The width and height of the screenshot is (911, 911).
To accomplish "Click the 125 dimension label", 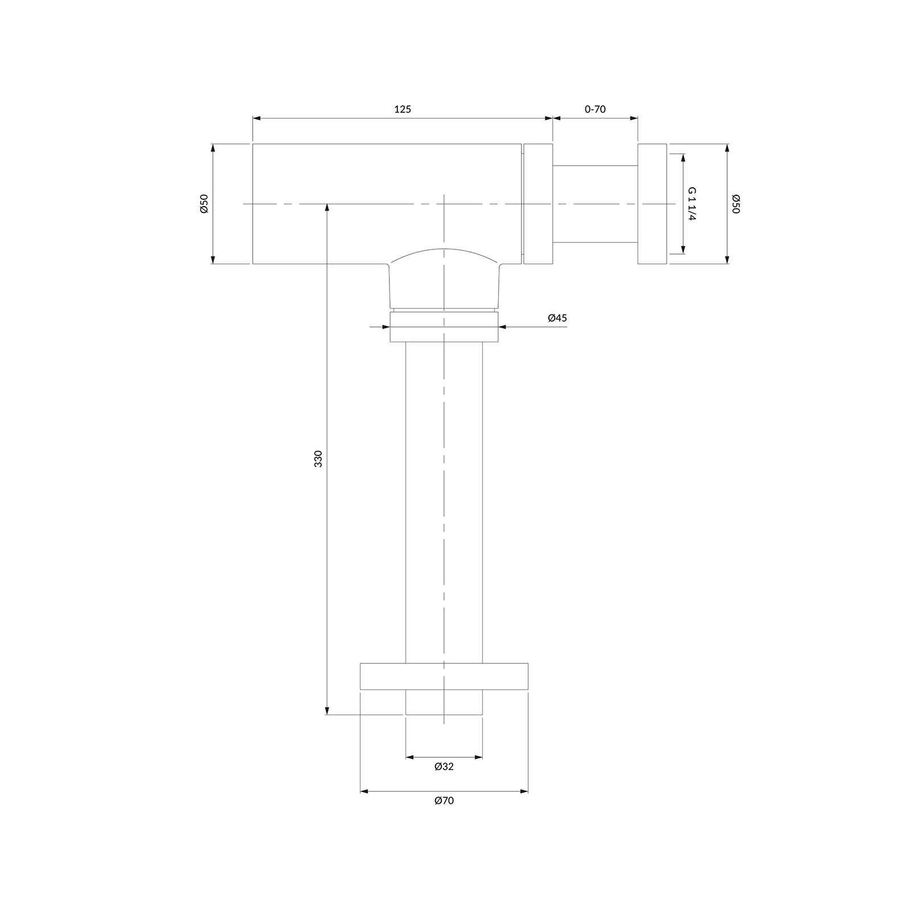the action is click(403, 109).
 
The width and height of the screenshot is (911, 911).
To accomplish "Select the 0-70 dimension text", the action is click(595, 109).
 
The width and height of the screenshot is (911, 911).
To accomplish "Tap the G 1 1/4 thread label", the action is click(692, 204).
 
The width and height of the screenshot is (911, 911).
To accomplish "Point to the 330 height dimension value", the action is click(318, 459).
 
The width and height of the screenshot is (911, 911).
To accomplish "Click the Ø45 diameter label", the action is click(557, 318).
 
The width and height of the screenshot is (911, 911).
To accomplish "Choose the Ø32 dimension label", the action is click(444, 766).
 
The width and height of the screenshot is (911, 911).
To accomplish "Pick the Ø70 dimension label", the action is click(444, 801).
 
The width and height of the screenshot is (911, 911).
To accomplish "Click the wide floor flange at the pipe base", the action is click(444, 676).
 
